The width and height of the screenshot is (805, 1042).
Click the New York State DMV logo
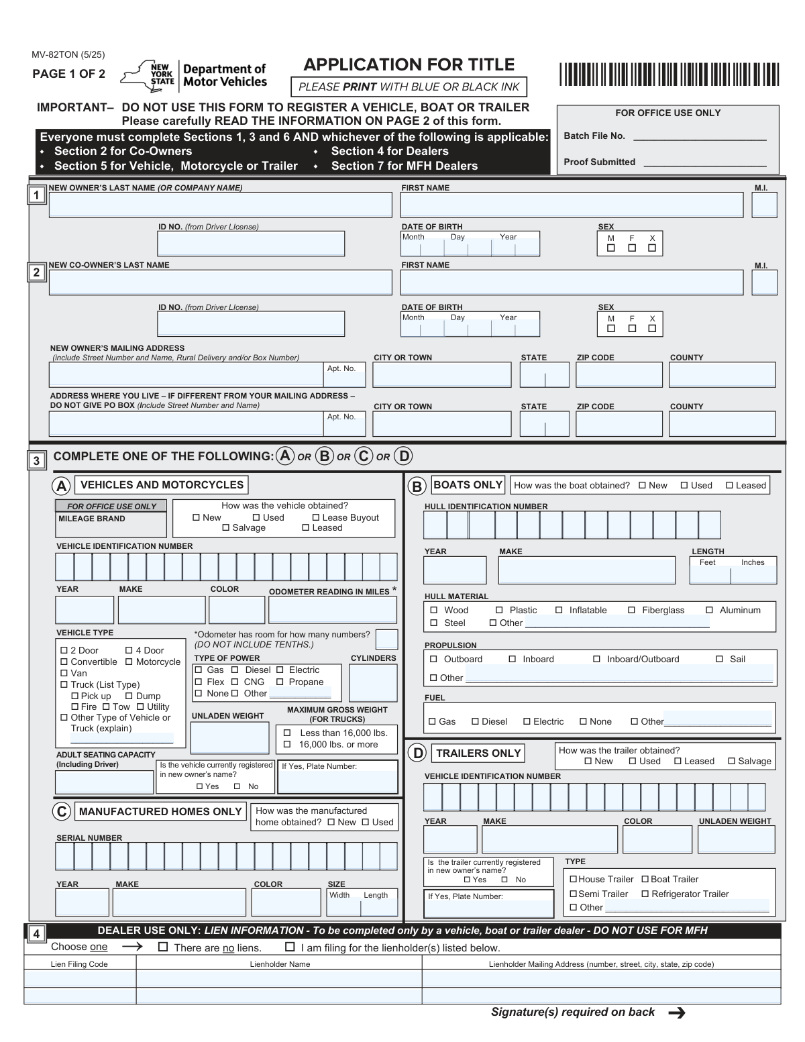coord(193,75)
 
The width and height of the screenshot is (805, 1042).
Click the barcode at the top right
coord(668,74)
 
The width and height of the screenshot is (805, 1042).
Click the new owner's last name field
coord(220,205)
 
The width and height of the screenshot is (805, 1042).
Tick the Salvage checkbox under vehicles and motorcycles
coord(226,528)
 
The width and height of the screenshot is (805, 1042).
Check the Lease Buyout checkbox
coord(316,518)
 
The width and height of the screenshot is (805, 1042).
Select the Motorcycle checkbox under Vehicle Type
coord(129,662)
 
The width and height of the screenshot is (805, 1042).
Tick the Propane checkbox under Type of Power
coord(280,682)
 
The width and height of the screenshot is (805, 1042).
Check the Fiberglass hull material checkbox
coord(631,611)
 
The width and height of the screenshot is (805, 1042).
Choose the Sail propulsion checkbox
coord(719,660)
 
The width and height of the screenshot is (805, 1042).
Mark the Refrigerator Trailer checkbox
coord(645,894)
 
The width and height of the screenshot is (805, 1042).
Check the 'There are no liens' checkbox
coord(163,947)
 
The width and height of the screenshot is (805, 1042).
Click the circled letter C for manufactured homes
coord(61,811)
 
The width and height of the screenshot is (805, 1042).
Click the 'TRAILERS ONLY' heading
coord(478,753)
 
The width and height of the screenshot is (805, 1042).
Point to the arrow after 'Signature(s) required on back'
coord(677,1013)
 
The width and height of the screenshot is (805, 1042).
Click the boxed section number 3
coord(36,461)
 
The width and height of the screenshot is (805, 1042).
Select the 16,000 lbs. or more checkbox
coord(287,745)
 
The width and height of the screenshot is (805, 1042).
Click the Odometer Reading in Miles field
coord(333,610)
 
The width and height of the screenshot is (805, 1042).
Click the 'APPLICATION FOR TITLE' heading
coord(409,65)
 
